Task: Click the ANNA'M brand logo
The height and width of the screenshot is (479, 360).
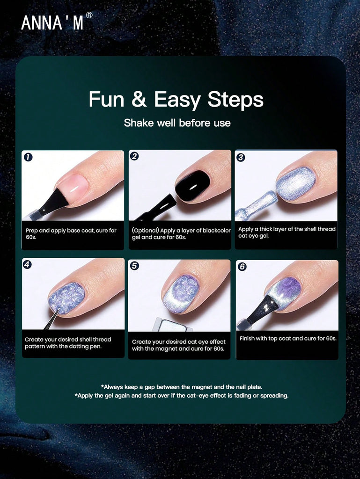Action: tap(52, 23)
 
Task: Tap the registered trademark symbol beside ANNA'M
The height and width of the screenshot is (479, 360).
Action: tap(89, 15)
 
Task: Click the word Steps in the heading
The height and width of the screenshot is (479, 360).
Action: tap(235, 100)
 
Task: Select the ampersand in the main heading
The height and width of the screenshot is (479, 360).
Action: tap(139, 99)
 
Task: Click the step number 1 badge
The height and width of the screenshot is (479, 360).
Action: tap(28, 157)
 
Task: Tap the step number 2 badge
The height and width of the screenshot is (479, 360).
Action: tap(134, 156)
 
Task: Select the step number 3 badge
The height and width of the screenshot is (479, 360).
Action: tap(241, 157)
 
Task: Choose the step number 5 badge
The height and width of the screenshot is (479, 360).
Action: tap(134, 266)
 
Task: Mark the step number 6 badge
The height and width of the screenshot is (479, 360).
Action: tap(242, 267)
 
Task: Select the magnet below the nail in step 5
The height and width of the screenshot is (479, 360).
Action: tap(173, 325)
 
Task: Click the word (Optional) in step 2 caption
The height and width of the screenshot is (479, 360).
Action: tap(146, 230)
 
